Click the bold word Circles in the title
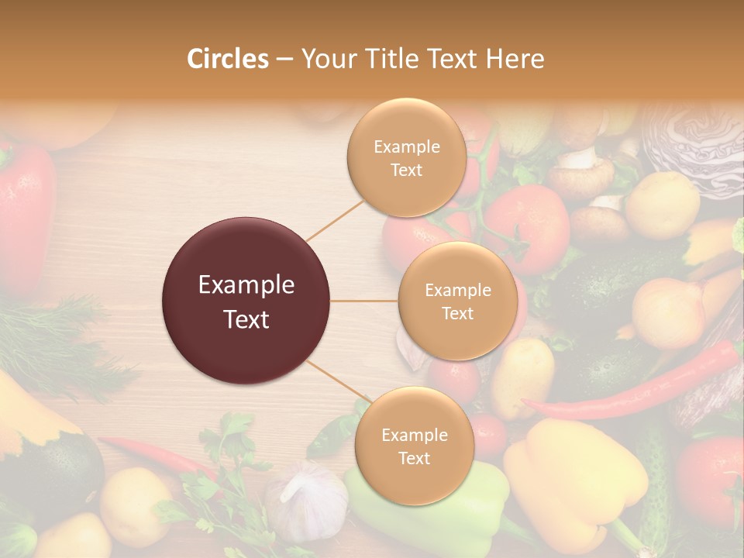[228, 59]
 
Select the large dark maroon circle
[246, 301]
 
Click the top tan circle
[406, 157]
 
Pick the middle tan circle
[457, 301]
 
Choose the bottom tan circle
[414, 446]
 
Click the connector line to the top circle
[334, 219]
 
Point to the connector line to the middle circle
[364, 301]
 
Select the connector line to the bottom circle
[337, 381]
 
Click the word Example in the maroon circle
[246, 285]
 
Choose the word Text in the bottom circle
[414, 458]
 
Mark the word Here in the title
[516, 59]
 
